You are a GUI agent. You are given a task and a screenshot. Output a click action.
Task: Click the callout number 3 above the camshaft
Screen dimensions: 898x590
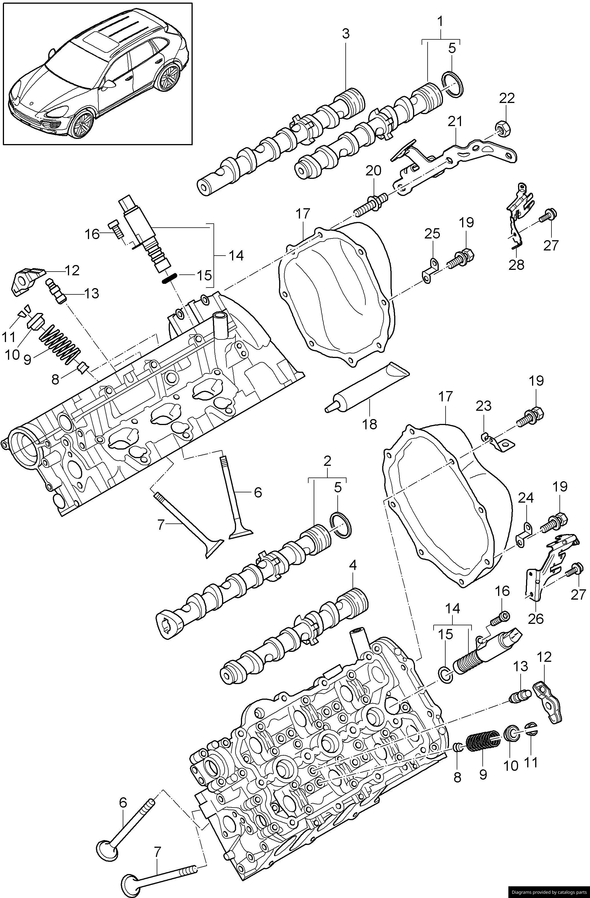[x=346, y=34]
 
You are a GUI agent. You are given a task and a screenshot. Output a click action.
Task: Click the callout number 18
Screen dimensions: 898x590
[x=370, y=424]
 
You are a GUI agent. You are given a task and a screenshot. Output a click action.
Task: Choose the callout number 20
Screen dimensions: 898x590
[x=373, y=171]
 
